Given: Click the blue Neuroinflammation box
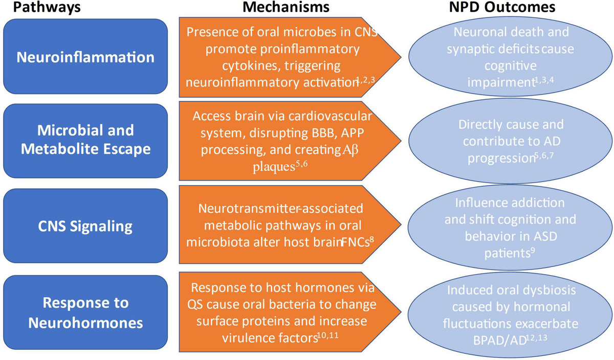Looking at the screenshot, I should point(85,57).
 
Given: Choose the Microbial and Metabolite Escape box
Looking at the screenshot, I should point(85,140).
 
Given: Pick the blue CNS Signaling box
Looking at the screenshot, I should point(85,226).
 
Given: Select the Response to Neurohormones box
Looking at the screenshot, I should point(85,311).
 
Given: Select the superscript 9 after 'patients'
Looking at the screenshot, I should point(533,251).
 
